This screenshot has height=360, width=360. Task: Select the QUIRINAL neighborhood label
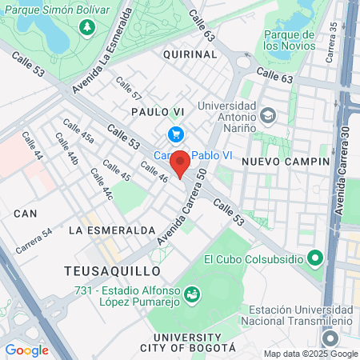[x=190, y=54]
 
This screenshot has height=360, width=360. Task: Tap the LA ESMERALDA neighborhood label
[x=111, y=230]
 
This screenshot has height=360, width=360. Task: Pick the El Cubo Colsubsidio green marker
[x=315, y=259]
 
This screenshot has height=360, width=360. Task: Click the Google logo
[x=26, y=350]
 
